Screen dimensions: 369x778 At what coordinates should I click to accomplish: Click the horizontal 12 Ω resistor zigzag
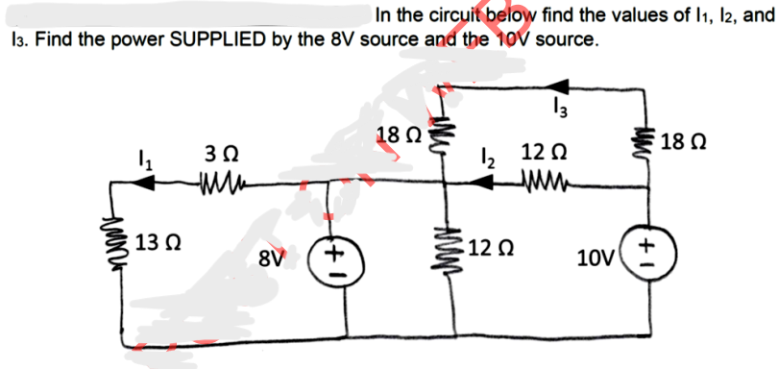tap(545, 177)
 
